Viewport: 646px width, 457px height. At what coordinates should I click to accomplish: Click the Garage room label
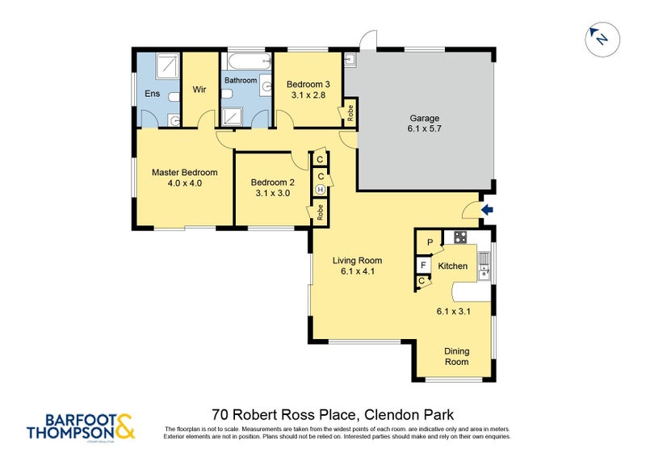(424, 118)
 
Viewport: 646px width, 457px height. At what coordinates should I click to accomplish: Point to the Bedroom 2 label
(272, 182)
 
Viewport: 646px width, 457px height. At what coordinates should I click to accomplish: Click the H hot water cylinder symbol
(321, 190)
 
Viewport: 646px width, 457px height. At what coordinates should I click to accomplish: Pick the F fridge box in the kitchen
(422, 265)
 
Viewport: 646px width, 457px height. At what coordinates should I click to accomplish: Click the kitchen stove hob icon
(460, 237)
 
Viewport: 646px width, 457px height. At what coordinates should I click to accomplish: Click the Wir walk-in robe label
(199, 90)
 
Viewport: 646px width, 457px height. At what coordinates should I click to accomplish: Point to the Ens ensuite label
(152, 94)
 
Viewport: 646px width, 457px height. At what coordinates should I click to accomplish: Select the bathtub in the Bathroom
(245, 61)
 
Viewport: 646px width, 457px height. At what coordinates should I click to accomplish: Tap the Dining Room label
(457, 356)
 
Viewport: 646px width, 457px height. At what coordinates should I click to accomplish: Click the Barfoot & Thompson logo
(81, 426)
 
